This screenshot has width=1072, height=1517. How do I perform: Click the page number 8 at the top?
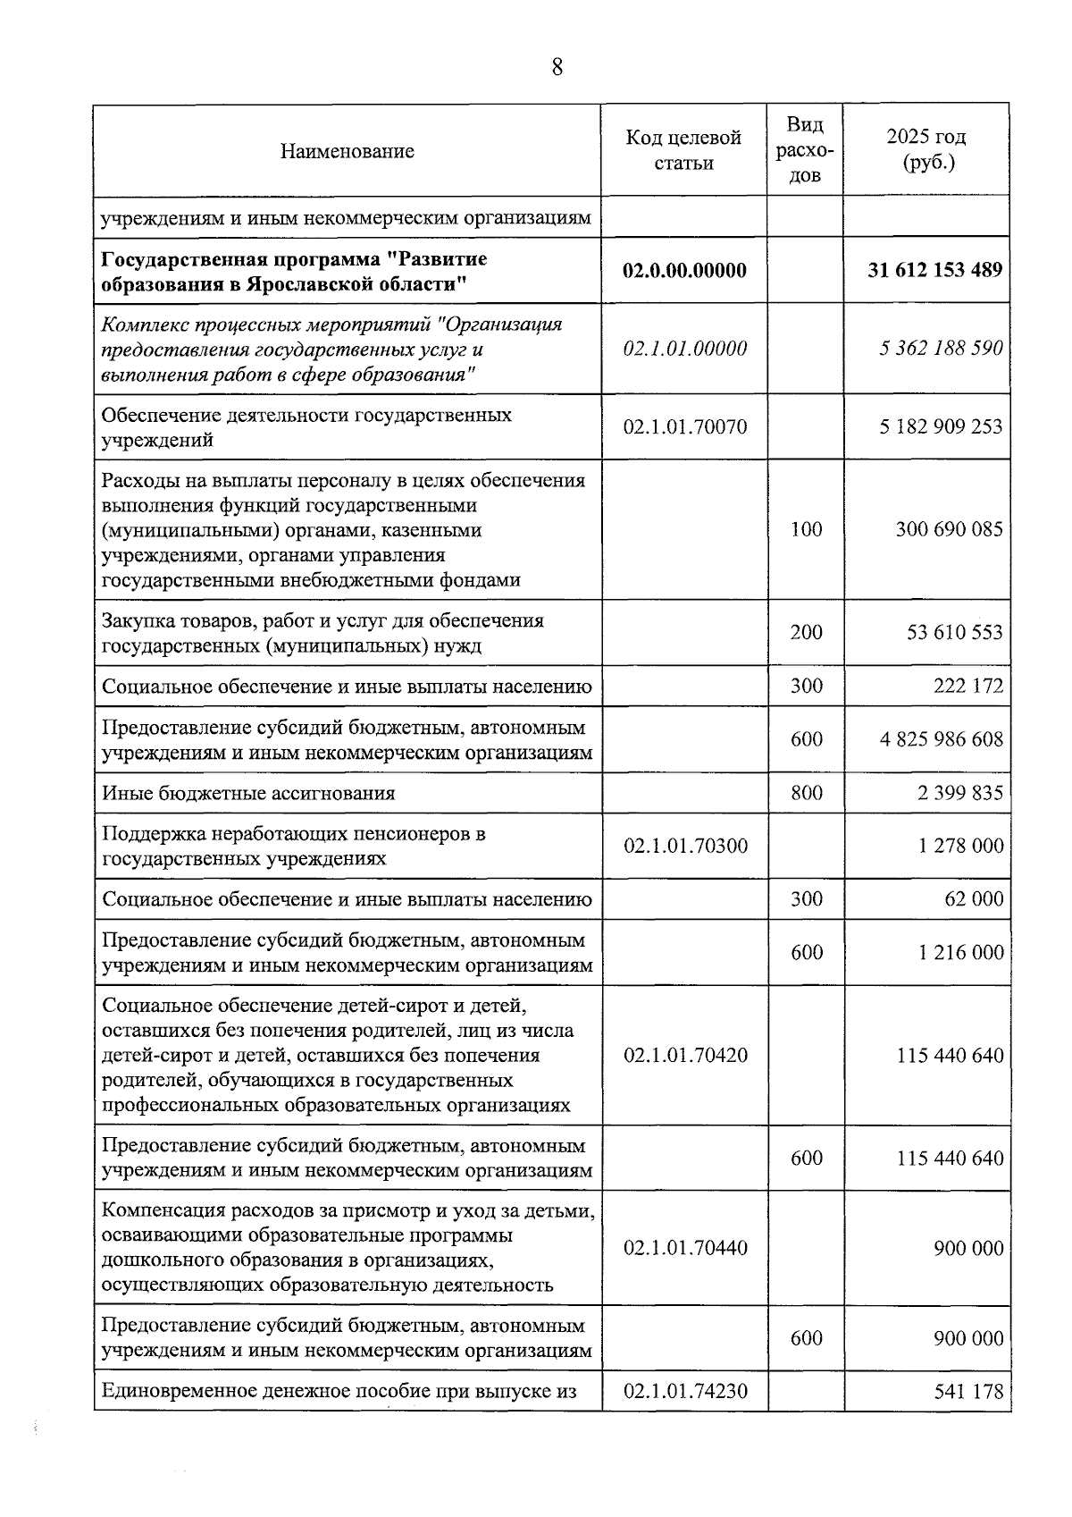tap(557, 68)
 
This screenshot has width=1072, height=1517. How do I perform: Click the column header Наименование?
tap(347, 151)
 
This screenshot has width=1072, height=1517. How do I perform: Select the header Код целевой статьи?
tap(683, 150)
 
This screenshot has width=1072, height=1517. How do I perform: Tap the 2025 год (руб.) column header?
tap(925, 150)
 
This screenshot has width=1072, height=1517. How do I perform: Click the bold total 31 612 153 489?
tap(934, 270)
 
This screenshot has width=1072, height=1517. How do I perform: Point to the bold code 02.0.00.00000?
tap(684, 270)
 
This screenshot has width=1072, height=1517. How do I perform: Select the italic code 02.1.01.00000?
tap(684, 349)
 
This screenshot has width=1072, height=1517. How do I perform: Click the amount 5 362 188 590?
tap(941, 349)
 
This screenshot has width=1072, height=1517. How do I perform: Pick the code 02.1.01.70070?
tap(685, 427)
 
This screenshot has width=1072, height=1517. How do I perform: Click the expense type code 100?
tap(806, 529)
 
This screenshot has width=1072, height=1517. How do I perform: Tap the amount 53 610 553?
tap(954, 633)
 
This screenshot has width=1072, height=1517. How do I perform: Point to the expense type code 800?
tap(806, 793)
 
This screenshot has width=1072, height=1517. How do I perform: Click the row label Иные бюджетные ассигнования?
tap(248, 793)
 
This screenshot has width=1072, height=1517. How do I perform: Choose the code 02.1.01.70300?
tap(685, 846)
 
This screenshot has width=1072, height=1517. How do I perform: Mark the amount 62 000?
tap(974, 899)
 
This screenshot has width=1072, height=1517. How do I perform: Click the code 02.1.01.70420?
tap(685, 1056)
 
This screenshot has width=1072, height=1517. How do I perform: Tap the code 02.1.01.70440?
tap(685, 1248)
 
